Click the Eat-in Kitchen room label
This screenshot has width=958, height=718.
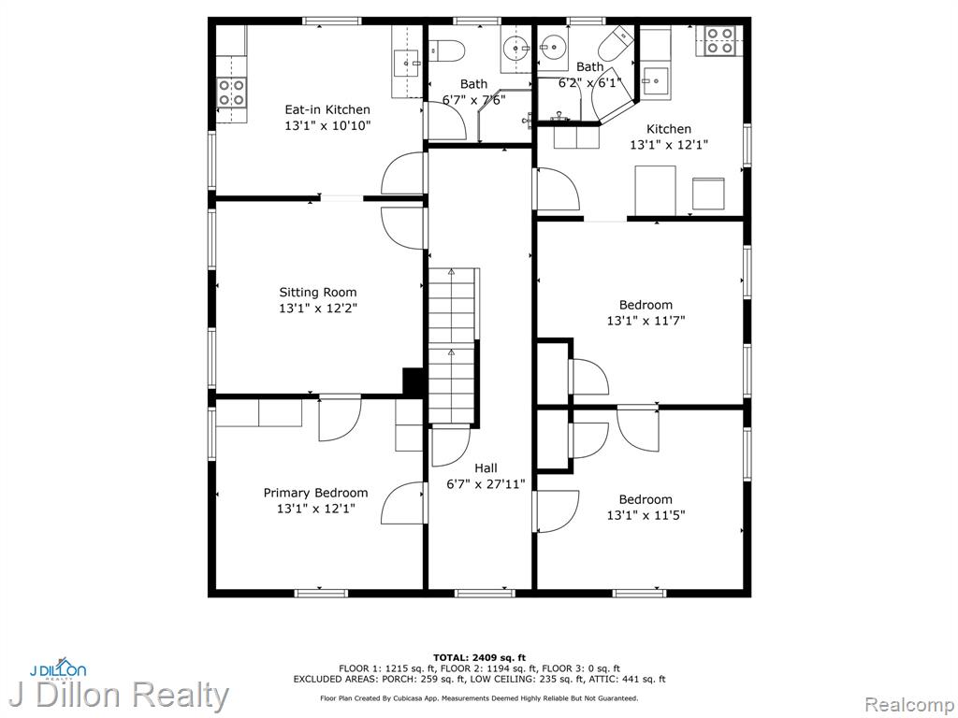327,110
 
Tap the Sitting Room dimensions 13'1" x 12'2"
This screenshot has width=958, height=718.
318,309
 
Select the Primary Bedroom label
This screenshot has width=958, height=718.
316,493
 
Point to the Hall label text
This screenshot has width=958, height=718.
486,468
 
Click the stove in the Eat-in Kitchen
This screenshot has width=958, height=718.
232,93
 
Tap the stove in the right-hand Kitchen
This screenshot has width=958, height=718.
719,40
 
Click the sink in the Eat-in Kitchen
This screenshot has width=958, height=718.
407,63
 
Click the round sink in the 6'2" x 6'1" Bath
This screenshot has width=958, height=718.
554,45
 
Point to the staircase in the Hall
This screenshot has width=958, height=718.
453,345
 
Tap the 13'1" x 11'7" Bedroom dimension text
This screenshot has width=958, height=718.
646,321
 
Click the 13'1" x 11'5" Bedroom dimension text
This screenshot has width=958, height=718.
646,515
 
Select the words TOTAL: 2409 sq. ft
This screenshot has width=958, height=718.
479,657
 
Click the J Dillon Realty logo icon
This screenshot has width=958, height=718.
58,668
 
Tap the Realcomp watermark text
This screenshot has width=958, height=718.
907,704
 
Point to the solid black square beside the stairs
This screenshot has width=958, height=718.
414,381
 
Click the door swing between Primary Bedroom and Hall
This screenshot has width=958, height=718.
402,503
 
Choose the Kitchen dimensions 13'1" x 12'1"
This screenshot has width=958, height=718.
669,145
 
